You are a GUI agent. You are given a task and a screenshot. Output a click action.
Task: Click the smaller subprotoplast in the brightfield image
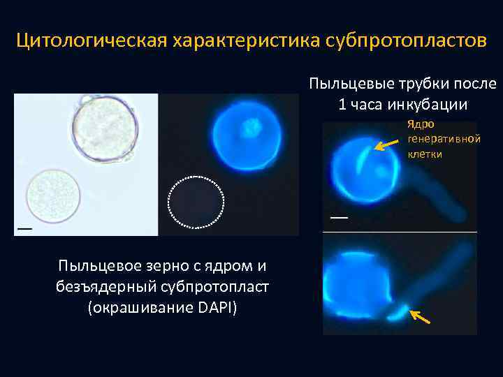click(x=53, y=195)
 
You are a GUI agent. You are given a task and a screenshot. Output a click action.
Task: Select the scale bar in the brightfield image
click(x=24, y=228)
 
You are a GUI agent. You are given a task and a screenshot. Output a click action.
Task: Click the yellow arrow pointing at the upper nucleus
click(x=384, y=145)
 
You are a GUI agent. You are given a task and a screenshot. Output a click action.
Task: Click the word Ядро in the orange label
click(x=421, y=124)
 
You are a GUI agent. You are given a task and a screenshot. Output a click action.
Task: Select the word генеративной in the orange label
click(x=444, y=139)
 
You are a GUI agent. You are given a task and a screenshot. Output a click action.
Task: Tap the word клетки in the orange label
click(x=425, y=153)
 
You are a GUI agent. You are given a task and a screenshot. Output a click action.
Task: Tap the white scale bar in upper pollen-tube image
click(x=339, y=217)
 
